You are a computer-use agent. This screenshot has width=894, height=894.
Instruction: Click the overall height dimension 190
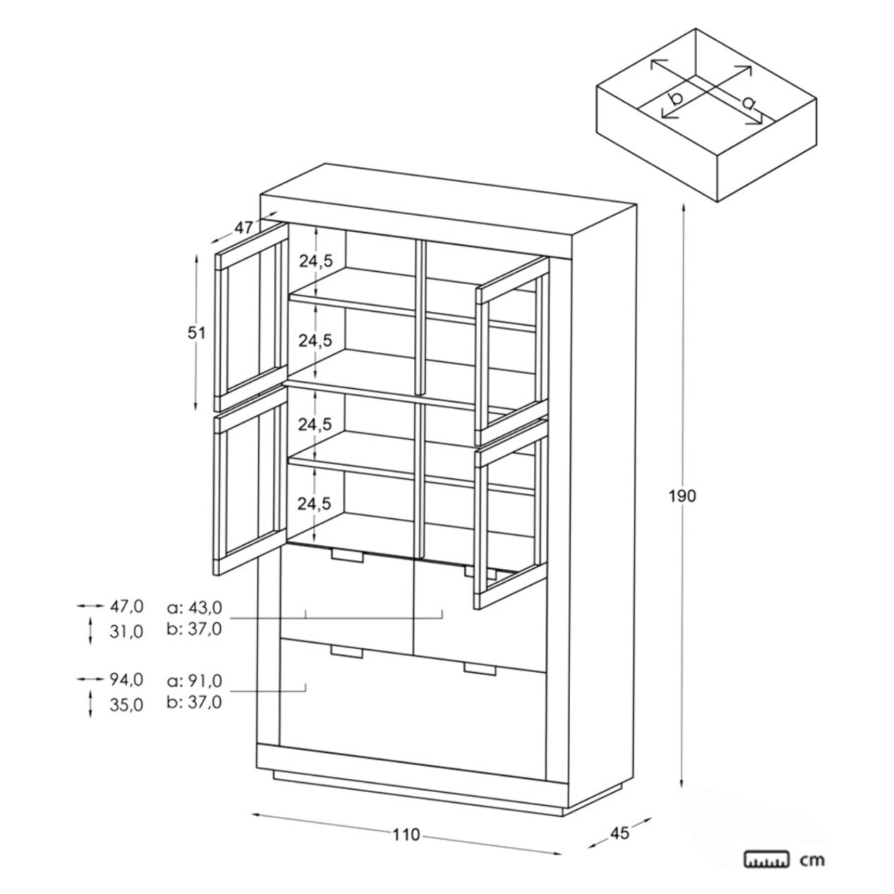pyautogui.click(x=683, y=496)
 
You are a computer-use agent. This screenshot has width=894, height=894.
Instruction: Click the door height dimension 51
pyautogui.click(x=196, y=333)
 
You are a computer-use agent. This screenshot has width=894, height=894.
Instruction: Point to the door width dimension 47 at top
pyautogui.click(x=244, y=228)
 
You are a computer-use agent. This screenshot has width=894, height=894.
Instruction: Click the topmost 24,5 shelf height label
pyautogui.click(x=316, y=261)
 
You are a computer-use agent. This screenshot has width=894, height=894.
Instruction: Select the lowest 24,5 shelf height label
pyautogui.click(x=314, y=504)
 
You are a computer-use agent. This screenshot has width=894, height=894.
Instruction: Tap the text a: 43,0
pyautogui.click(x=194, y=607)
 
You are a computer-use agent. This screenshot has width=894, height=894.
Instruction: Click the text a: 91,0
pyautogui.click(x=194, y=681)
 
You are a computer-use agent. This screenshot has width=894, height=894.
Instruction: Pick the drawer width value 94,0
pyautogui.click(x=126, y=679)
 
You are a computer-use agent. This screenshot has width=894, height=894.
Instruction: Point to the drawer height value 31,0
pyautogui.click(x=126, y=631)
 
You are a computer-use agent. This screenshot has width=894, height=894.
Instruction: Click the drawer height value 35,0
pyautogui.click(x=126, y=705)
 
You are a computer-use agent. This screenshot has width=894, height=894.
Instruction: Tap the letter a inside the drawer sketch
pyautogui.click(x=747, y=103)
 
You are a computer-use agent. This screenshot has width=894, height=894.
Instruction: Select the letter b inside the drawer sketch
pyautogui.click(x=676, y=99)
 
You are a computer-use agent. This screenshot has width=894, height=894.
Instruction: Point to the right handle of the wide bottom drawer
pyautogui.click(x=480, y=669)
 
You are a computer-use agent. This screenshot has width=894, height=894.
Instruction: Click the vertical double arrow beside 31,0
pyautogui.click(x=90, y=631)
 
